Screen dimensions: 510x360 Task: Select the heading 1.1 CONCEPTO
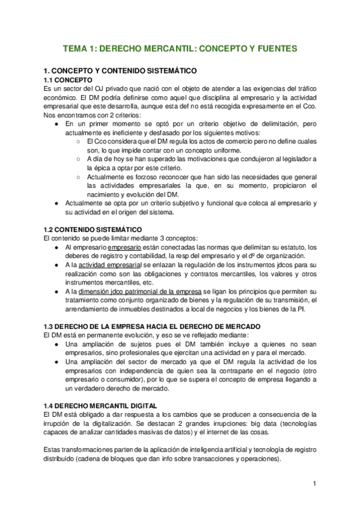(69, 80)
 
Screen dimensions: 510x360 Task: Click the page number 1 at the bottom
(314, 484)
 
